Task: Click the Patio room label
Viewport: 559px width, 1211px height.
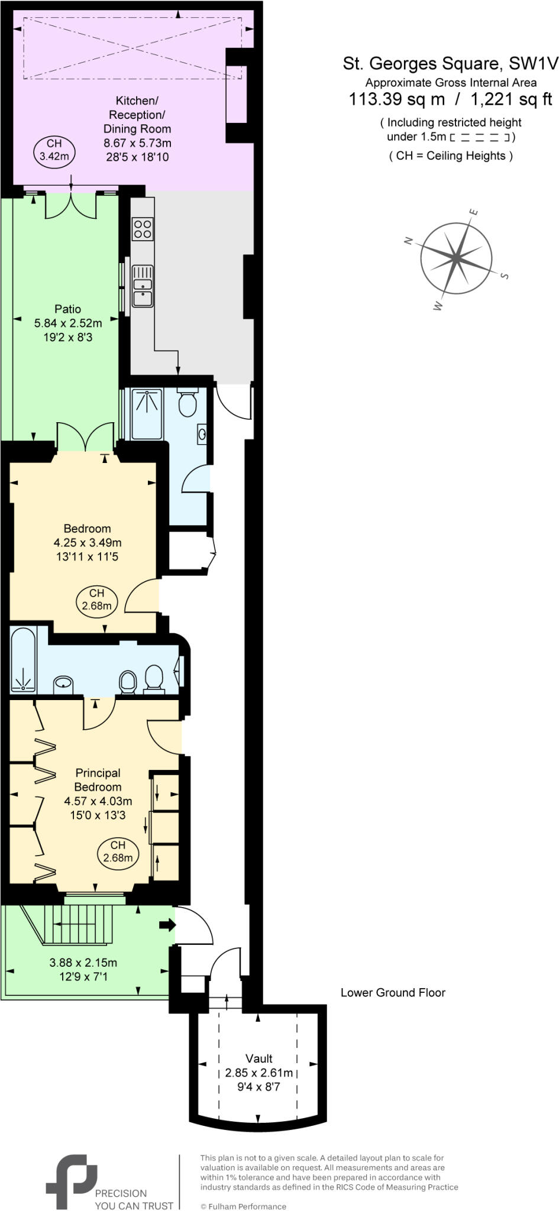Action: (67, 309)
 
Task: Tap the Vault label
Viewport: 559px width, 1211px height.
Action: (259, 1058)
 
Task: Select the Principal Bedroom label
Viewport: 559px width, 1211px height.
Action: (98, 780)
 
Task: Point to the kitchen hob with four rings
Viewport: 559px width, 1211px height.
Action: (143, 229)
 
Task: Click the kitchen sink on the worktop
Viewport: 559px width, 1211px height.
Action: (143, 286)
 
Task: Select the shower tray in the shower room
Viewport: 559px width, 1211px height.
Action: (147, 413)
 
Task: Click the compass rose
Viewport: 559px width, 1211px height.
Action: (456, 258)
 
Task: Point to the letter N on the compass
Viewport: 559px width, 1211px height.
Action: (408, 240)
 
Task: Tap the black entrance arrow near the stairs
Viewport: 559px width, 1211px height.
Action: (167, 925)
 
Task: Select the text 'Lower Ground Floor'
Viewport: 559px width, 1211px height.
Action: (393, 992)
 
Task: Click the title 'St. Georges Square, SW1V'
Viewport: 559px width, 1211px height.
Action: (450, 63)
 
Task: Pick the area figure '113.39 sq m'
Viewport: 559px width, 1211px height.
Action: (396, 99)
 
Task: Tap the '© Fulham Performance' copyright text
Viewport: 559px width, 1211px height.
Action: (243, 1206)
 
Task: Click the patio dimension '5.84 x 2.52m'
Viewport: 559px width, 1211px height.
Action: (68, 323)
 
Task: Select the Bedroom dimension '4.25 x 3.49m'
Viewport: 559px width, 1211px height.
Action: (88, 542)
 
